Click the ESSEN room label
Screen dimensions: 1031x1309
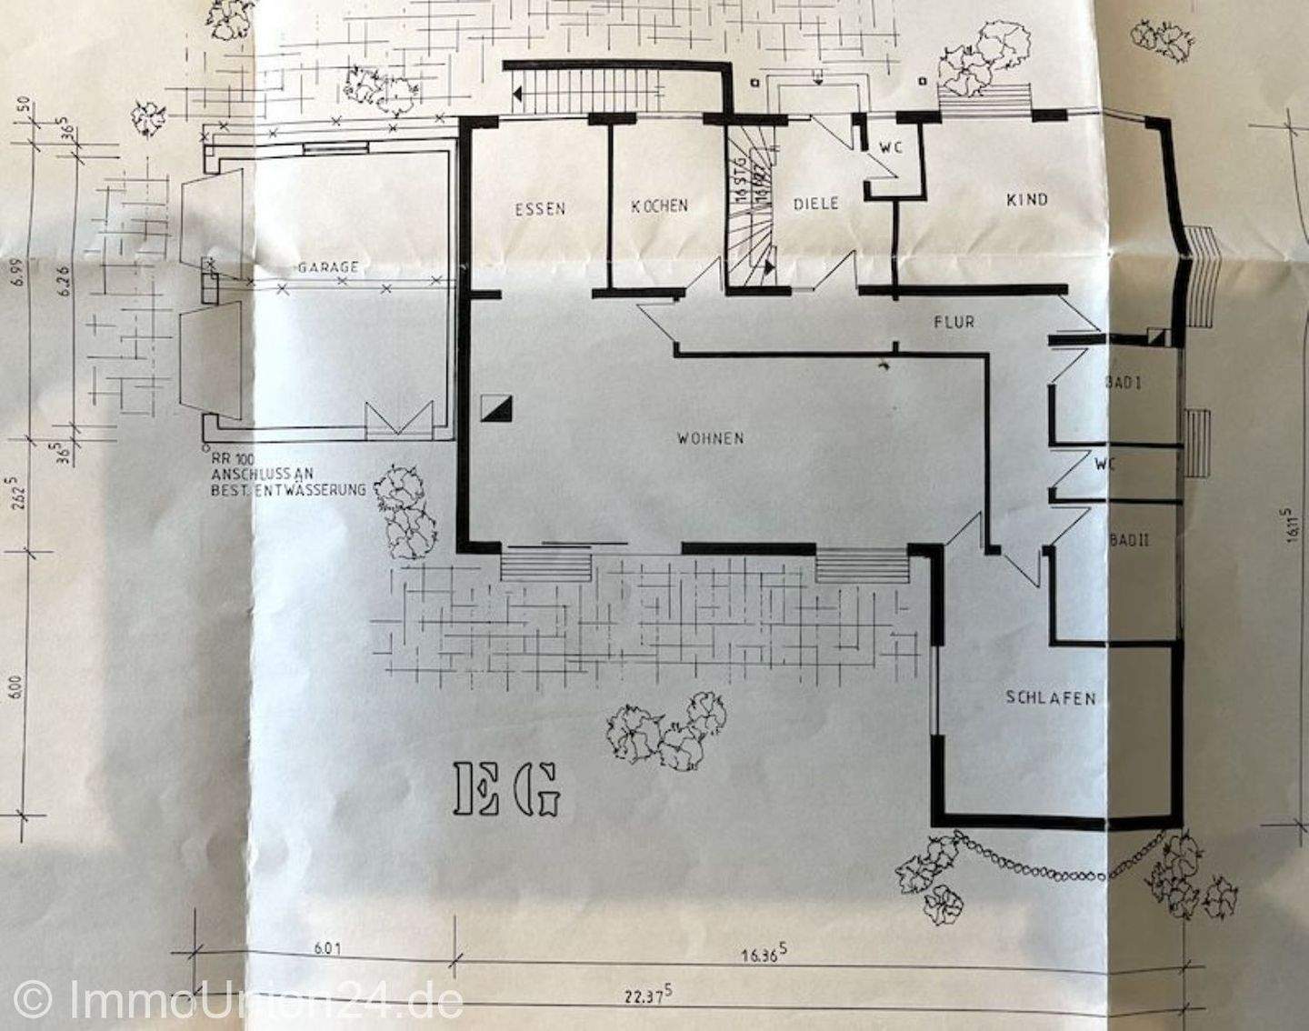[540, 209]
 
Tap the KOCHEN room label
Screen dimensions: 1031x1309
[660, 206]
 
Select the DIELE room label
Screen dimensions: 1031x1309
[815, 204]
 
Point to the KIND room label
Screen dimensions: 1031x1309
[1027, 199]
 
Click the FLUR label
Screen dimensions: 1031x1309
[954, 321]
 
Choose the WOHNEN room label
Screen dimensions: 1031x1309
[710, 438]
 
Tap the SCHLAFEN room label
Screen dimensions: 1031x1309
[1050, 698]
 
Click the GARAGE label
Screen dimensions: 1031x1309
[327, 267]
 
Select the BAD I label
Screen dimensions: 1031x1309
[1124, 383]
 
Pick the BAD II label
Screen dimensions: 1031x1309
[1129, 540]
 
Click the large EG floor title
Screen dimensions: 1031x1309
[506, 788]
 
